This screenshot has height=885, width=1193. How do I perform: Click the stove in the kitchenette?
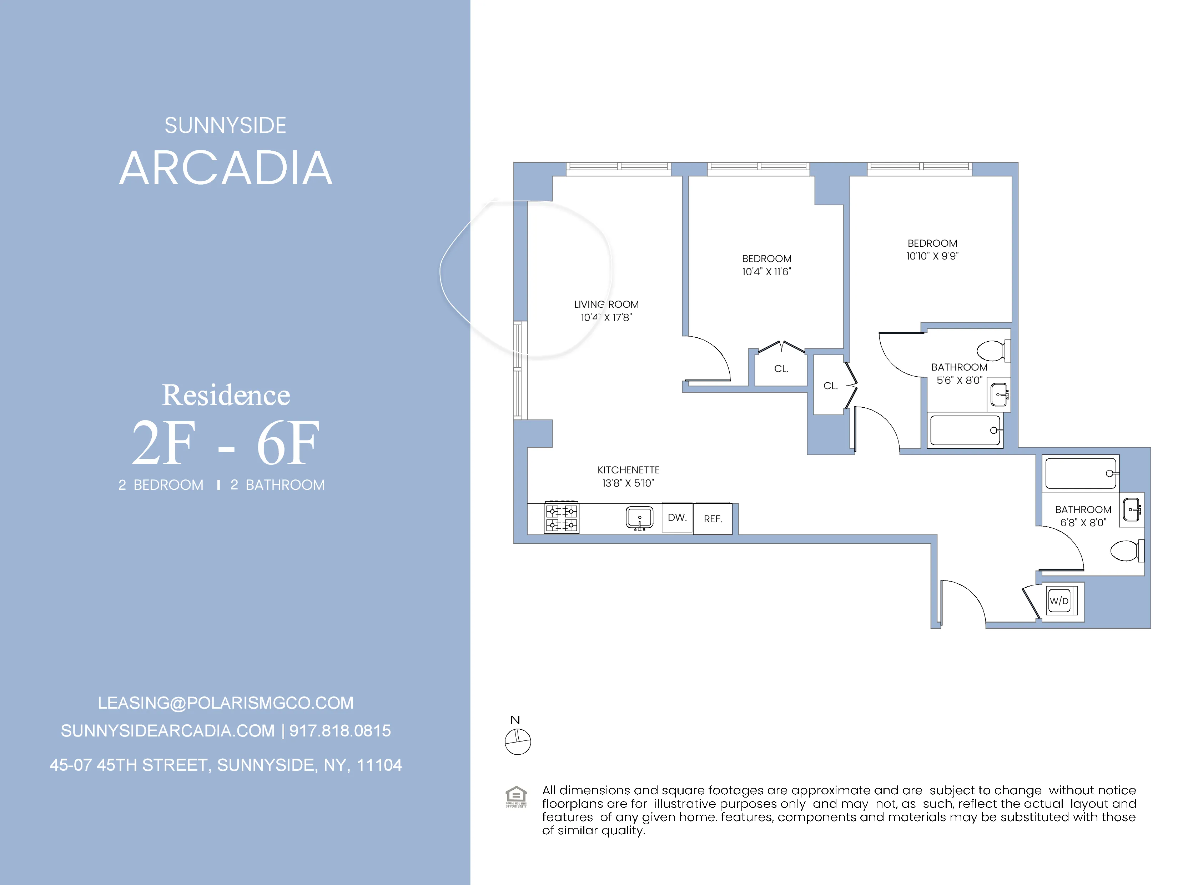pos(562,518)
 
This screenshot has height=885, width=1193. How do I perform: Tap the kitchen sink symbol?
pos(640,518)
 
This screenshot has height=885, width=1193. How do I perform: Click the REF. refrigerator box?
pos(713,519)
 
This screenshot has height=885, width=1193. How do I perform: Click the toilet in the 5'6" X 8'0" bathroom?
pos(992,351)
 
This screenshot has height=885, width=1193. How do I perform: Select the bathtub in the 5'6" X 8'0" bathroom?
pos(965,430)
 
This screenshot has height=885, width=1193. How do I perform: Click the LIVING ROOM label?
pos(606,304)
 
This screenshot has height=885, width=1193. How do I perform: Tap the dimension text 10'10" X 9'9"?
pos(932,256)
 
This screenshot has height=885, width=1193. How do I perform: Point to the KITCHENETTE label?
pos(628,470)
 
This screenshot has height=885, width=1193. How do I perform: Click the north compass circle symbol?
pos(518,742)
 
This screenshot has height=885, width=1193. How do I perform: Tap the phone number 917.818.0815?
pos(340,731)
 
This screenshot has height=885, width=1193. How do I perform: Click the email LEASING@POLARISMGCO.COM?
pos(226,703)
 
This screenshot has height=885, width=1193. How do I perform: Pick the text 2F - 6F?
pos(226,443)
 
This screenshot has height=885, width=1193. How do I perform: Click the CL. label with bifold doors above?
pos(781,368)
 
